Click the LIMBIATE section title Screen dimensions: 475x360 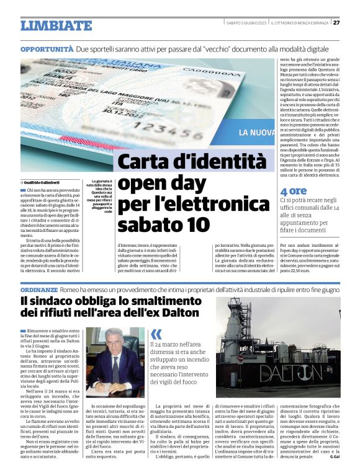(x=56, y=25)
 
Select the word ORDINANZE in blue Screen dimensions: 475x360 (x=40, y=290)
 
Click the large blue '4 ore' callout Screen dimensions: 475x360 (x=293, y=192)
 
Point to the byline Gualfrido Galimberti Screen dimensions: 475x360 (x=45, y=182)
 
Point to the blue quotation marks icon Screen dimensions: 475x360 (x=156, y=334)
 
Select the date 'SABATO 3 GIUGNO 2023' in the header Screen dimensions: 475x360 (x=246, y=22)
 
